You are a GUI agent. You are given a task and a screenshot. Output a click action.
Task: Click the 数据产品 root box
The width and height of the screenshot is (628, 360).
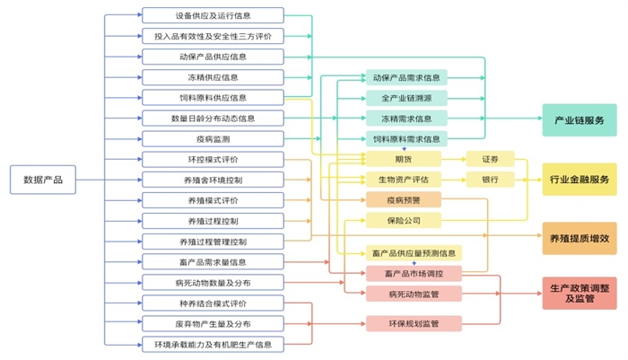43,180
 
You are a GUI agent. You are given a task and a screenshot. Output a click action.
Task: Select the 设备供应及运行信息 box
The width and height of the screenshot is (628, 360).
213,16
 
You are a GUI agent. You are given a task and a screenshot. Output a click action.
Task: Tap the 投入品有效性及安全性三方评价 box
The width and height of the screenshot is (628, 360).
213,37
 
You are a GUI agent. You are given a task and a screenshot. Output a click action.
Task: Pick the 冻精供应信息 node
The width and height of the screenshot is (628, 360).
213,77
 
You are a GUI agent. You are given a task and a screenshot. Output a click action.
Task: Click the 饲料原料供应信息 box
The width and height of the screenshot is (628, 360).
213,98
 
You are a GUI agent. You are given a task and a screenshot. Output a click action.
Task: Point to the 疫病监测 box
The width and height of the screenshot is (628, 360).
213,139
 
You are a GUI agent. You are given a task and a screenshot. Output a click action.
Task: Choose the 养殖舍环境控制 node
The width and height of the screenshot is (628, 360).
213,180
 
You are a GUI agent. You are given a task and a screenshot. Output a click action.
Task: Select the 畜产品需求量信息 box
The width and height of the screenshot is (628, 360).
213,262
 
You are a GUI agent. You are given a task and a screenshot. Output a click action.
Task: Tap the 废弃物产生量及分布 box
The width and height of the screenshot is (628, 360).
213,323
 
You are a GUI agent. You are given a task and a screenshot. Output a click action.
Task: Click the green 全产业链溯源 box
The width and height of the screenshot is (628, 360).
406,98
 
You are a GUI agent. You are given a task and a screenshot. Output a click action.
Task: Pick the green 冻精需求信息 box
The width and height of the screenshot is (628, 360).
406,119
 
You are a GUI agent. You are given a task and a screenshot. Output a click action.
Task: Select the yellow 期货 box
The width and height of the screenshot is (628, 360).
406,159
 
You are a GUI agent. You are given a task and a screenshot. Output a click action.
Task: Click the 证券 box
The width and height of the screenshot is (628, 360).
490,159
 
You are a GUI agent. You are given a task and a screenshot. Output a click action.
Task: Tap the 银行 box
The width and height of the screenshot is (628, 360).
490,180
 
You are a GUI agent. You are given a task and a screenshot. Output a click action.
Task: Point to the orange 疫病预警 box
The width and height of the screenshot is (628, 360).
406,199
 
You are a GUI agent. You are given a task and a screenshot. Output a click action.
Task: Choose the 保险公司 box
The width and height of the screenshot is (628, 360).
406,220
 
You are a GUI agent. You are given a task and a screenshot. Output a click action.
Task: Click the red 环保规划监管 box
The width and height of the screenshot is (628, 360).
414,323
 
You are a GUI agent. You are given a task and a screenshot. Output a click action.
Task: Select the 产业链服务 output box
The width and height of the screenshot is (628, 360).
579,119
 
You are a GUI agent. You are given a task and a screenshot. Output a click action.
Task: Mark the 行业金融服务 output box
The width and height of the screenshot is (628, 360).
579,180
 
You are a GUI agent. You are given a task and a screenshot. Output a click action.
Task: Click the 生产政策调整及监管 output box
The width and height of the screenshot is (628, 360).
579,293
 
